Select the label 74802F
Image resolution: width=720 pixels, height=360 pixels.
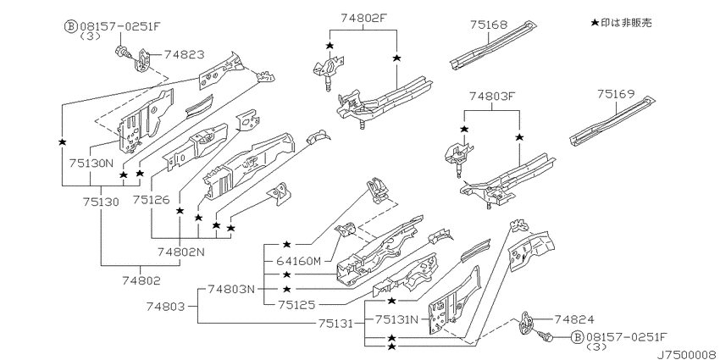click(363, 18)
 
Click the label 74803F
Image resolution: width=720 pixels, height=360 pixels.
click(492, 97)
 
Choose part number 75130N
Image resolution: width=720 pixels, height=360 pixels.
click(91, 163)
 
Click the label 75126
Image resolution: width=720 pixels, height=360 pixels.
click(152, 200)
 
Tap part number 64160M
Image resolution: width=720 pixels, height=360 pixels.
click(298, 261)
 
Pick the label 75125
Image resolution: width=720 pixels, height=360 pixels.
click(295, 304)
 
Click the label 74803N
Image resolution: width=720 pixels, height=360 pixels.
click(230, 290)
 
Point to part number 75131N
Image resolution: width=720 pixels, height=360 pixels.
click(396, 318)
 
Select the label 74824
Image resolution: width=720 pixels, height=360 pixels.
click(574, 319)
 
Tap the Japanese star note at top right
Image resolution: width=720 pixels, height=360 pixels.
click(621, 23)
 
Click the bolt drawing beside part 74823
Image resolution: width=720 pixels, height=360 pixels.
click(123, 52)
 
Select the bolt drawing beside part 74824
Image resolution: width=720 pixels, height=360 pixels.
click(547, 337)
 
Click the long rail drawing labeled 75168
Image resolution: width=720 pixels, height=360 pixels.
click(492, 45)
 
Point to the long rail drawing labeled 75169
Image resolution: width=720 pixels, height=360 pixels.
click(612, 122)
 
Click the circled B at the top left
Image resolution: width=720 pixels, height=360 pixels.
click(71, 26)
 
